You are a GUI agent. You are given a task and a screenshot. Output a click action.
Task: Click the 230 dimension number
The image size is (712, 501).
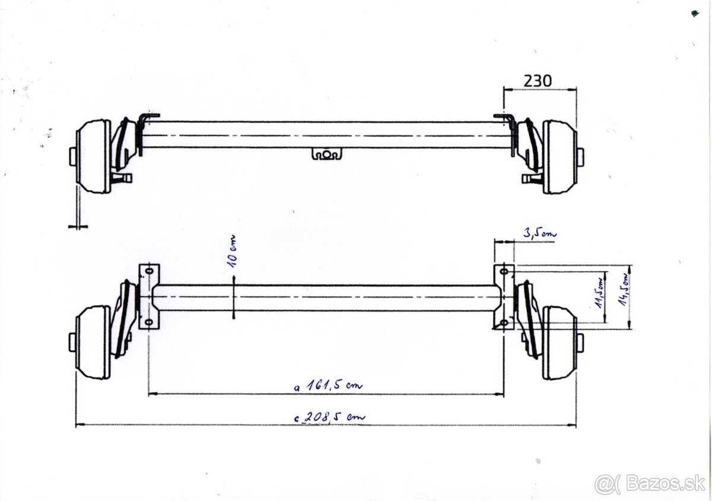click(x=537, y=80)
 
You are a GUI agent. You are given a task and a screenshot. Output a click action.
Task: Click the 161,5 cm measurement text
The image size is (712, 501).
click(x=329, y=385)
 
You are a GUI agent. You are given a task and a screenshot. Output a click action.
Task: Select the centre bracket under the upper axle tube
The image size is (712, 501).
click(x=327, y=154)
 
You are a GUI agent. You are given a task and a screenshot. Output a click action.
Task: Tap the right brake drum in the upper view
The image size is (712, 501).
click(x=559, y=157)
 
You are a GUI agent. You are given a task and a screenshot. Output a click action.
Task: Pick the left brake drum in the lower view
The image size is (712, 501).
click(x=94, y=343)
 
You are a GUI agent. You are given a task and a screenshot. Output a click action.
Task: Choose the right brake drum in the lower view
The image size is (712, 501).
click(x=559, y=343)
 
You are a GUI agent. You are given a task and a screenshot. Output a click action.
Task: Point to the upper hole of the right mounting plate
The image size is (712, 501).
click(x=504, y=272)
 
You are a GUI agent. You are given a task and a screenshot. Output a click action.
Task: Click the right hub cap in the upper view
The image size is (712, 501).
click(x=580, y=157)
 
